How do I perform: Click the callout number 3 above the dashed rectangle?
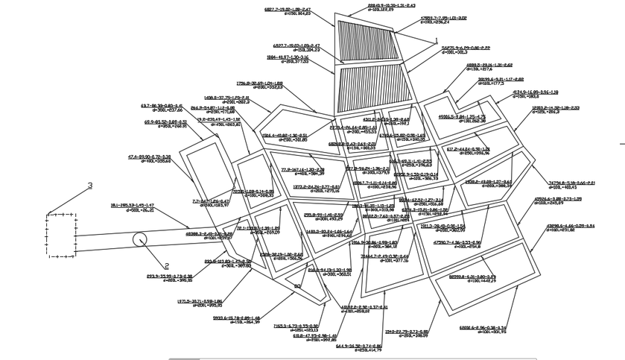[90, 185]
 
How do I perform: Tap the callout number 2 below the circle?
[167, 265]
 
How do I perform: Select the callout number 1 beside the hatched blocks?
[435, 40]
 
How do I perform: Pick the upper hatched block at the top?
[368, 40]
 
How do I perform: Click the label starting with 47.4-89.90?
[149, 157]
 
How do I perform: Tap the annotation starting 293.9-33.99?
[170, 276]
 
